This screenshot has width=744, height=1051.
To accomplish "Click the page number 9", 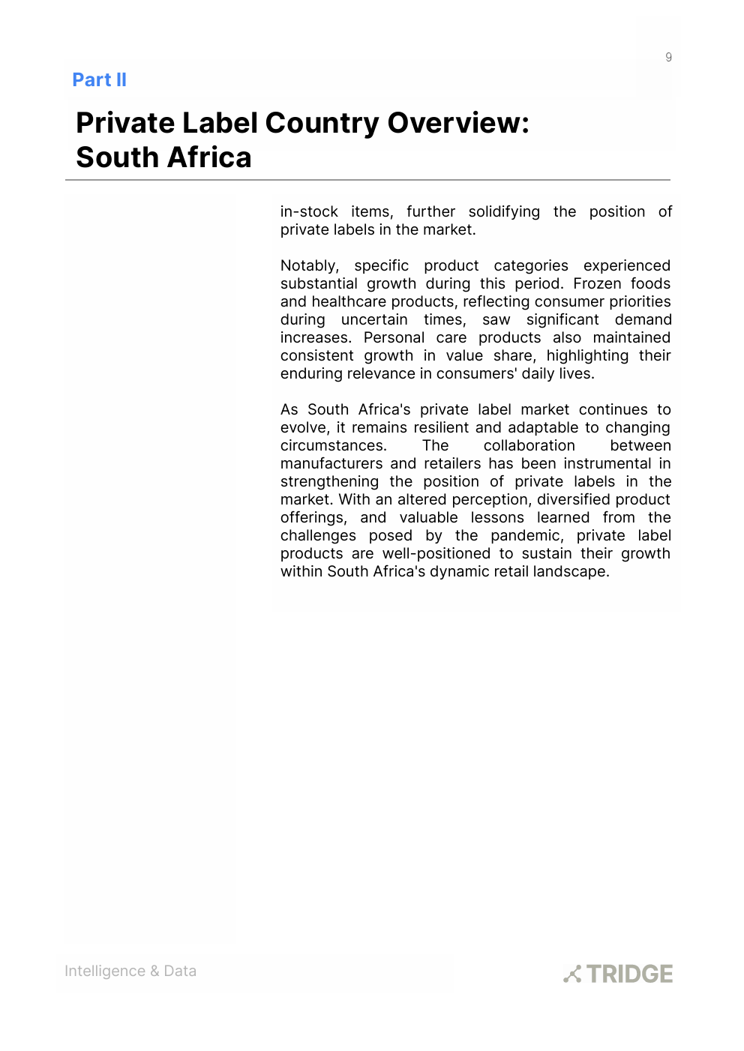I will [668, 57].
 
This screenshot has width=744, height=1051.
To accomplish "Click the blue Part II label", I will [99, 80].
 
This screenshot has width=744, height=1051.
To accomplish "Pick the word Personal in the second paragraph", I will [394, 337].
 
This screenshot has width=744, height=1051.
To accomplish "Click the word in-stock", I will [309, 211].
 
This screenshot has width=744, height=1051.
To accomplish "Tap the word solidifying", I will [504, 211].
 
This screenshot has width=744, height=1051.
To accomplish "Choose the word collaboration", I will [529, 445].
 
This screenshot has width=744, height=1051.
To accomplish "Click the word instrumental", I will [607, 463].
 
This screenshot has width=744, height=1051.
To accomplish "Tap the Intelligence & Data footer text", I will [130, 971].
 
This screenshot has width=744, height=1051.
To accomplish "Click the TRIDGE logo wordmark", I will [629, 974].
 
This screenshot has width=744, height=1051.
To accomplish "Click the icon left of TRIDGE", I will [572, 974].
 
